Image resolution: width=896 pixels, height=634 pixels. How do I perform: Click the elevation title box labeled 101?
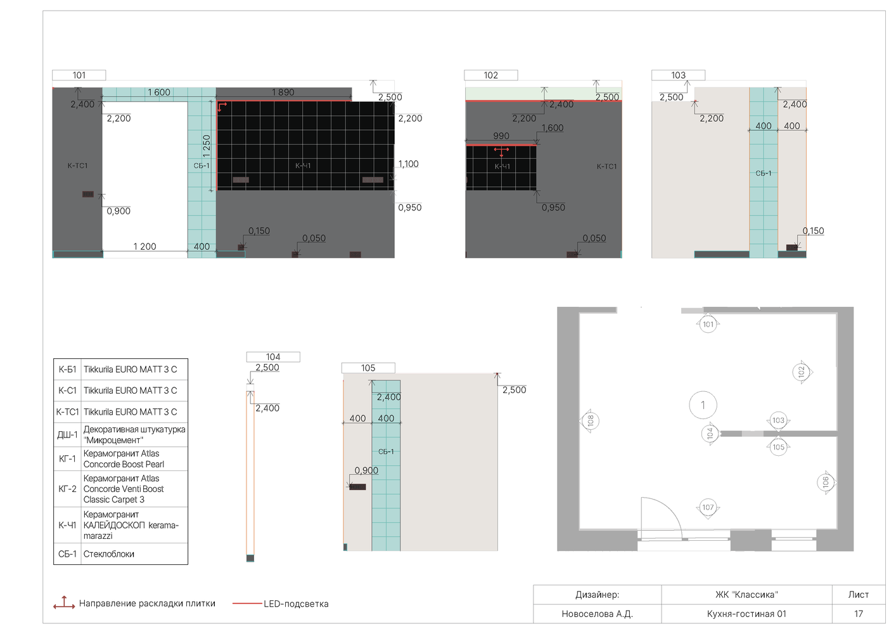pyautogui.click(x=79, y=75)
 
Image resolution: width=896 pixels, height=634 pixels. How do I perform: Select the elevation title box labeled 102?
pyautogui.click(x=491, y=75)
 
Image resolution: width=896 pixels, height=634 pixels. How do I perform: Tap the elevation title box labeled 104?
pyautogui.click(x=273, y=356)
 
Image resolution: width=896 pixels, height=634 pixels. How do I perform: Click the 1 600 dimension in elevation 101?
pyautogui.click(x=159, y=92)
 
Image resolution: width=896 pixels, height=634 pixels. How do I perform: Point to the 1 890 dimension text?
pyautogui.click(x=283, y=92)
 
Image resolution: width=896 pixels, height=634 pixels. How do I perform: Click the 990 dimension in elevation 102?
pyautogui.click(x=501, y=136)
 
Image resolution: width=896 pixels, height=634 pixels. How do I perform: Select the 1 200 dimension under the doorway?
pyautogui.click(x=145, y=247)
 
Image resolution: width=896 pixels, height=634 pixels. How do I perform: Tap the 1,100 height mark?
pyautogui.click(x=409, y=164)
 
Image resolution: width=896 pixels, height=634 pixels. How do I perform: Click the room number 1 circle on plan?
pyautogui.click(x=703, y=405)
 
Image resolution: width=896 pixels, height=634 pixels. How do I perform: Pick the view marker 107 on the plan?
pyautogui.click(x=708, y=507)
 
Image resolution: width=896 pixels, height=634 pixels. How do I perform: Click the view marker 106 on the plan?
pyautogui.click(x=826, y=482)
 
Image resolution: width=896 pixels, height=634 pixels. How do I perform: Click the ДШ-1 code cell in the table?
pyautogui.click(x=67, y=435)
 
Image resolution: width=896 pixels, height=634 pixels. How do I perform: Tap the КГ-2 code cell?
pyautogui.click(x=67, y=489)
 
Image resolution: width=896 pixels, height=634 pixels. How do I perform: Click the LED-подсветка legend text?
pyautogui.click(x=296, y=604)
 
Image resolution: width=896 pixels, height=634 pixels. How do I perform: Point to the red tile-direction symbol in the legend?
pyautogui.click(x=64, y=603)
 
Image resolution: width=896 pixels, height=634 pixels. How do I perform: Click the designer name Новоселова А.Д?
pyautogui.click(x=597, y=614)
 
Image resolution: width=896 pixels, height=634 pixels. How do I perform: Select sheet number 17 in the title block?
pyautogui.click(x=859, y=614)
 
